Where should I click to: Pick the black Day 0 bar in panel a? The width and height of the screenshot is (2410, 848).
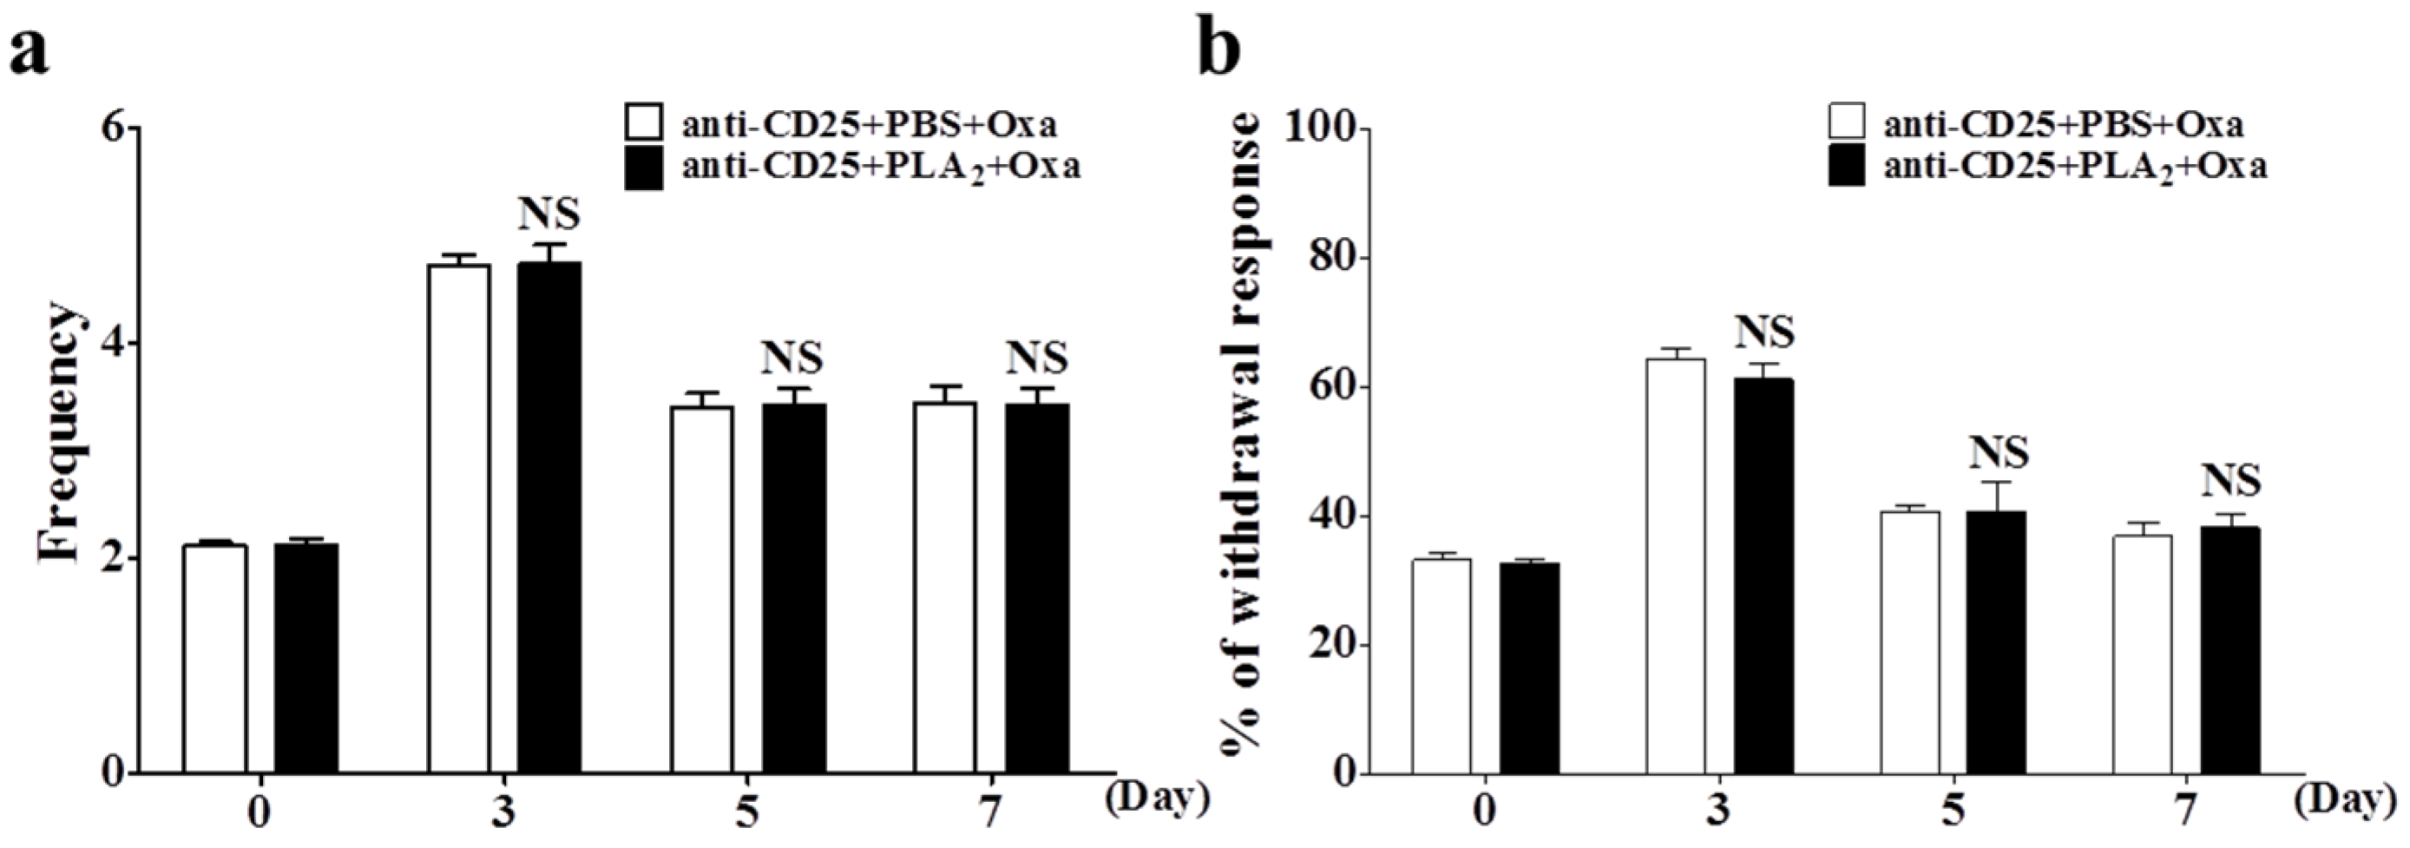point(306,657)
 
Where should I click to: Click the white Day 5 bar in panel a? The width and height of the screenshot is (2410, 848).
point(702,588)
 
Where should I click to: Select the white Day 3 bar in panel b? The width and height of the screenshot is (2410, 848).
point(1676,565)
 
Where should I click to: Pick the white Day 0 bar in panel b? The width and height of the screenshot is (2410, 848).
point(1441,666)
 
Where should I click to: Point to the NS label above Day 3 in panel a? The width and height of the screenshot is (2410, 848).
point(549,214)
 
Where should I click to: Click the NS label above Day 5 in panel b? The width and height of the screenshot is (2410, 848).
point(1999,453)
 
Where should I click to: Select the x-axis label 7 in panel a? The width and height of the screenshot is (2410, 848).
point(991,811)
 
